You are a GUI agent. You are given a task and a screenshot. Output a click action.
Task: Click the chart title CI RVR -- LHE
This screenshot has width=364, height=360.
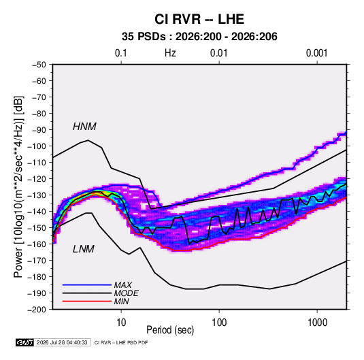(199, 19)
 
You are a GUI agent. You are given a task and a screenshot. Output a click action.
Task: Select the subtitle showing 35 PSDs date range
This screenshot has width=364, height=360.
(199, 37)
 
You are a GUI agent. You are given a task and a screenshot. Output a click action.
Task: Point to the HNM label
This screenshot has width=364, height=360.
(84, 127)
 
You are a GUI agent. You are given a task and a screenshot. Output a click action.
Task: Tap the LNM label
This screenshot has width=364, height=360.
(84, 249)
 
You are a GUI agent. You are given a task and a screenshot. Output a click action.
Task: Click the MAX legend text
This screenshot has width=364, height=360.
(123, 285)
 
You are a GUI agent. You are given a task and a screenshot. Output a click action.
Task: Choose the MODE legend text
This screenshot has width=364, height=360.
(127, 293)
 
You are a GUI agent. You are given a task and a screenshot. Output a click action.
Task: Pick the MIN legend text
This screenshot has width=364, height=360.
(121, 301)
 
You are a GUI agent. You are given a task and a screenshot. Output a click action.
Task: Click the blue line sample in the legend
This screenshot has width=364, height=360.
(87, 285)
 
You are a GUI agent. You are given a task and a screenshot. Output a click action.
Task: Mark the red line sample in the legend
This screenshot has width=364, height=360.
(87, 301)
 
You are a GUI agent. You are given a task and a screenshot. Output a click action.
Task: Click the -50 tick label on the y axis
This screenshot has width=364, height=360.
(39, 65)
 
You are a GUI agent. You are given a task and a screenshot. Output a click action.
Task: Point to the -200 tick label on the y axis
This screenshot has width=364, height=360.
(37, 310)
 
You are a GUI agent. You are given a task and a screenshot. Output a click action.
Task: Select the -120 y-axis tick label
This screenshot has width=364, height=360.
(37, 179)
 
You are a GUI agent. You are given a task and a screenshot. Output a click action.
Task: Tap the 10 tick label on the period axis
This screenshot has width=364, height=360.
(121, 323)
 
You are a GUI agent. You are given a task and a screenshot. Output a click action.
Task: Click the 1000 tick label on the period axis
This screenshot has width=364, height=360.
(317, 323)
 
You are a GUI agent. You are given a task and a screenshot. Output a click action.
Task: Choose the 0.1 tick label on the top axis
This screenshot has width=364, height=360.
(121, 53)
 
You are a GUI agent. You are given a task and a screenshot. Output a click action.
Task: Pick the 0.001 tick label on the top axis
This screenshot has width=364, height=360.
(317, 53)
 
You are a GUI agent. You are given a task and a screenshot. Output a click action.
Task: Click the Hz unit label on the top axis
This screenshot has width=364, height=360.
(170, 53)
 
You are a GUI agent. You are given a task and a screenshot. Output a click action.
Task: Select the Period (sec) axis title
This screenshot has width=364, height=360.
(170, 330)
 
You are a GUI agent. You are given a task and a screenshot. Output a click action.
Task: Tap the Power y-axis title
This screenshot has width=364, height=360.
(18, 186)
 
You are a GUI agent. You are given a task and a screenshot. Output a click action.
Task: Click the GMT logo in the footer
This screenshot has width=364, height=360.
(25, 342)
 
